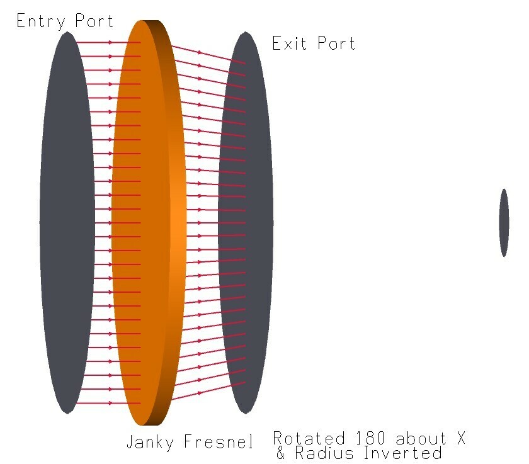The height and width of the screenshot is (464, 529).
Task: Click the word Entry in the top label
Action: tap(40, 21)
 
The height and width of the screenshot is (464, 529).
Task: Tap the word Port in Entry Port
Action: tap(94, 21)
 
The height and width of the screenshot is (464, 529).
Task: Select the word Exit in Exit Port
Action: tap(290, 43)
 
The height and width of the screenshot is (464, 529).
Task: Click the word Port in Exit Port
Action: tap(337, 43)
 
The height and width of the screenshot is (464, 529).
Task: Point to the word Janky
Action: tap(150, 442)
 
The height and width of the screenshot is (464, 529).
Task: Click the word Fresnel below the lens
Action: tap(219, 441)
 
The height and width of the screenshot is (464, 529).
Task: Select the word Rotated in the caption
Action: tap(309, 438)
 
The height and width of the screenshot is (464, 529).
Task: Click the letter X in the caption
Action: tap(461, 438)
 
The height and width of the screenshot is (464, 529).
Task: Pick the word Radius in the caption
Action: tap(324, 453)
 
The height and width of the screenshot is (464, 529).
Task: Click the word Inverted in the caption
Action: tap(403, 453)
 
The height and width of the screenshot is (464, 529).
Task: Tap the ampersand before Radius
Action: tap(280, 453)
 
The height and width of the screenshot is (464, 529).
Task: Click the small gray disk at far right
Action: tap(504, 223)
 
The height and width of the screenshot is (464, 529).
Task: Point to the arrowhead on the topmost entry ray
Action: tap(110, 42)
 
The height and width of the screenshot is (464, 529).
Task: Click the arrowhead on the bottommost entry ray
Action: tap(110, 403)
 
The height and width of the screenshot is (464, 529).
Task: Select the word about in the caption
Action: tap(421, 438)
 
